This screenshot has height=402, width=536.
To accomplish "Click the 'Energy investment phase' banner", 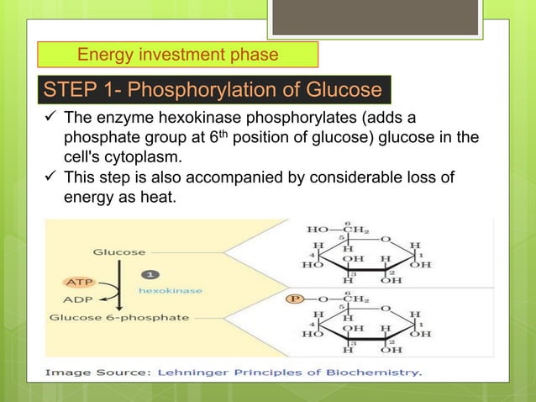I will click(178, 56).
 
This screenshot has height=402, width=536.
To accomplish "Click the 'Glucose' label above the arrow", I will click(118, 251).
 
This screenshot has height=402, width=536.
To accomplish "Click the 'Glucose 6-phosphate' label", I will click(118, 318).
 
